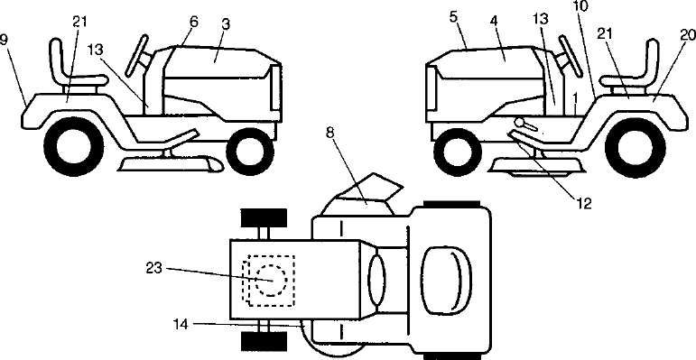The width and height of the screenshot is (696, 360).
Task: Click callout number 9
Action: (x=3, y=40)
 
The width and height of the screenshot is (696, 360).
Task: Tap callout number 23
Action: (x=155, y=269)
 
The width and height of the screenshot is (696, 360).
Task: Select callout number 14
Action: (x=181, y=325)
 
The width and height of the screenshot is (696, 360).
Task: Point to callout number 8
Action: (x=329, y=134)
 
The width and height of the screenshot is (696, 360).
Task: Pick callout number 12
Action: (x=584, y=203)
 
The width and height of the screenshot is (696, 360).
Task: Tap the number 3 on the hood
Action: (x=226, y=25)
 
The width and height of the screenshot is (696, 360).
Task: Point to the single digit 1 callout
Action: (x=576, y=97)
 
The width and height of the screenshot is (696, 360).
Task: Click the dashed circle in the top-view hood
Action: (x=271, y=280)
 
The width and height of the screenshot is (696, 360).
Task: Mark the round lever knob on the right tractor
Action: (x=520, y=122)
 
